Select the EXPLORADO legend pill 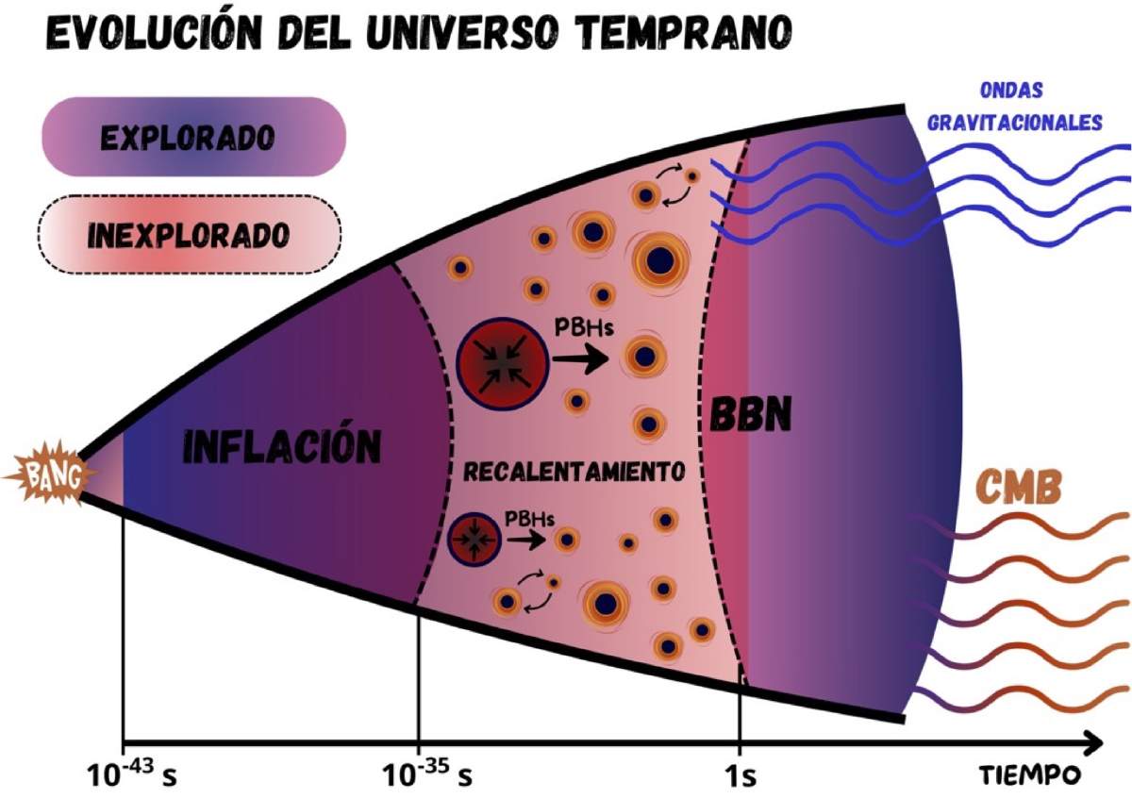pos(194,137)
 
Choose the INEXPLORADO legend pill pos(190,235)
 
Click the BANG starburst pos(49,475)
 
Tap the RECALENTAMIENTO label pos(574,472)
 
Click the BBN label pos(751,414)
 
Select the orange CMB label pos(1018,488)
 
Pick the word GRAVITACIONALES pos(1016,123)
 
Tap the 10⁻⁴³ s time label pos(131,774)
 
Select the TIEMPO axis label pos(1031,774)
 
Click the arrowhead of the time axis pos(1090,743)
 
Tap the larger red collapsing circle pos(502,363)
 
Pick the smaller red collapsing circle pos(474,539)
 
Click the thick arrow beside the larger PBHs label pos(581,358)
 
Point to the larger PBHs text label pos(584,327)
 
